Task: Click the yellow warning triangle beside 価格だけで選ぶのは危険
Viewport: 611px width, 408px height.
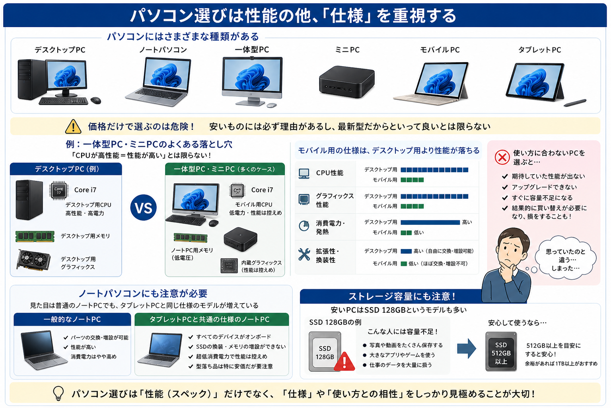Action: [x=73, y=127]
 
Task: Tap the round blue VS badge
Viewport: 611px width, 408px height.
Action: [x=144, y=208]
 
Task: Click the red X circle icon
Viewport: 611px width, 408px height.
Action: [x=502, y=157]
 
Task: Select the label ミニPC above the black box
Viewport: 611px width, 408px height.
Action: [x=347, y=50]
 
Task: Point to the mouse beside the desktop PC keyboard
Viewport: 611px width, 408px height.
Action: [x=96, y=100]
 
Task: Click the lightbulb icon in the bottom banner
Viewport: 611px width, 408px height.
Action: [x=58, y=393]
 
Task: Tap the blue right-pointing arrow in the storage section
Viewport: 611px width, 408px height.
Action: [x=467, y=348]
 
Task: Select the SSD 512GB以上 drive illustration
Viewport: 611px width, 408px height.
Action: [x=501, y=351]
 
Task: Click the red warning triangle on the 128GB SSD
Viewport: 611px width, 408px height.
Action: [x=344, y=361]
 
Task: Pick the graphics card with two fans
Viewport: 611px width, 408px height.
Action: [x=33, y=260]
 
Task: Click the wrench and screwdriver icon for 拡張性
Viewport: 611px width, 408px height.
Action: [x=304, y=255]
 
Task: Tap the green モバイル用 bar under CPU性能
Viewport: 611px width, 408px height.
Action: [x=412, y=180]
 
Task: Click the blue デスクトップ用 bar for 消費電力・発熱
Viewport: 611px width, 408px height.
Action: [x=430, y=222]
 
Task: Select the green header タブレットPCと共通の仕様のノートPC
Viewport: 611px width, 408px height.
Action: [x=211, y=320]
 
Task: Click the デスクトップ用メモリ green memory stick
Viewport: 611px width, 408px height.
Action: [x=35, y=236]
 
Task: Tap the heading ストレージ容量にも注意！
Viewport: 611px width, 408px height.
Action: [x=402, y=296]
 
